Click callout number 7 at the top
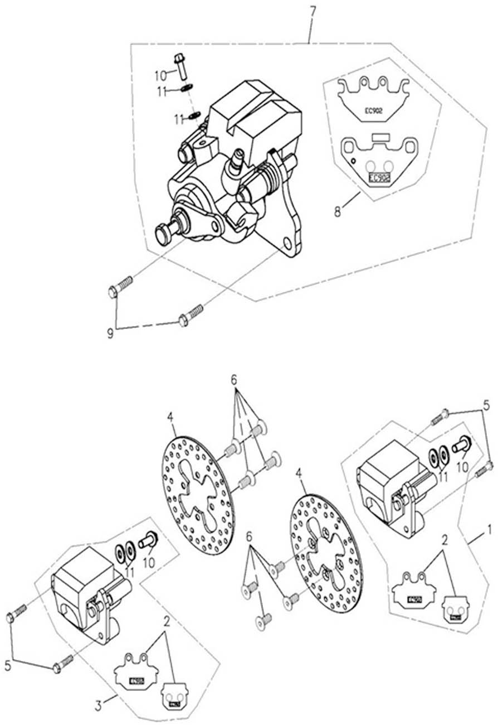click(x=312, y=11)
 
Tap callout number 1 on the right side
click(x=489, y=527)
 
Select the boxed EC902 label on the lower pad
click(x=378, y=177)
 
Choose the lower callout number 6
click(x=249, y=536)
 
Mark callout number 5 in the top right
click(x=485, y=403)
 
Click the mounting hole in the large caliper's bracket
click(x=286, y=244)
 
